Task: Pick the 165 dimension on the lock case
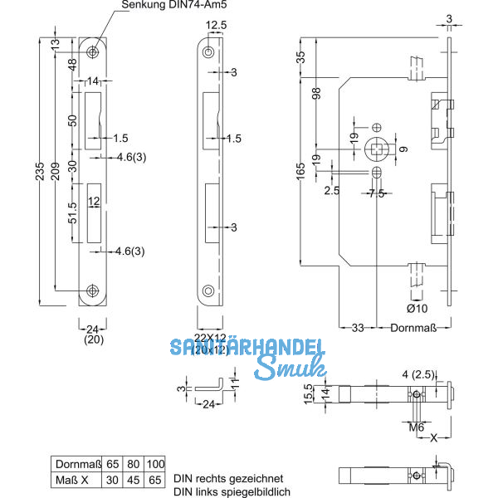pyautogui.click(x=300, y=171)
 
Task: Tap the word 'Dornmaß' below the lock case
pyautogui.click(x=414, y=328)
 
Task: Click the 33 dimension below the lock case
pyautogui.click(x=358, y=328)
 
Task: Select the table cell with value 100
pyautogui.click(x=154, y=464)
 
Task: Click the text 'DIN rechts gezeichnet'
pyautogui.click(x=229, y=479)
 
